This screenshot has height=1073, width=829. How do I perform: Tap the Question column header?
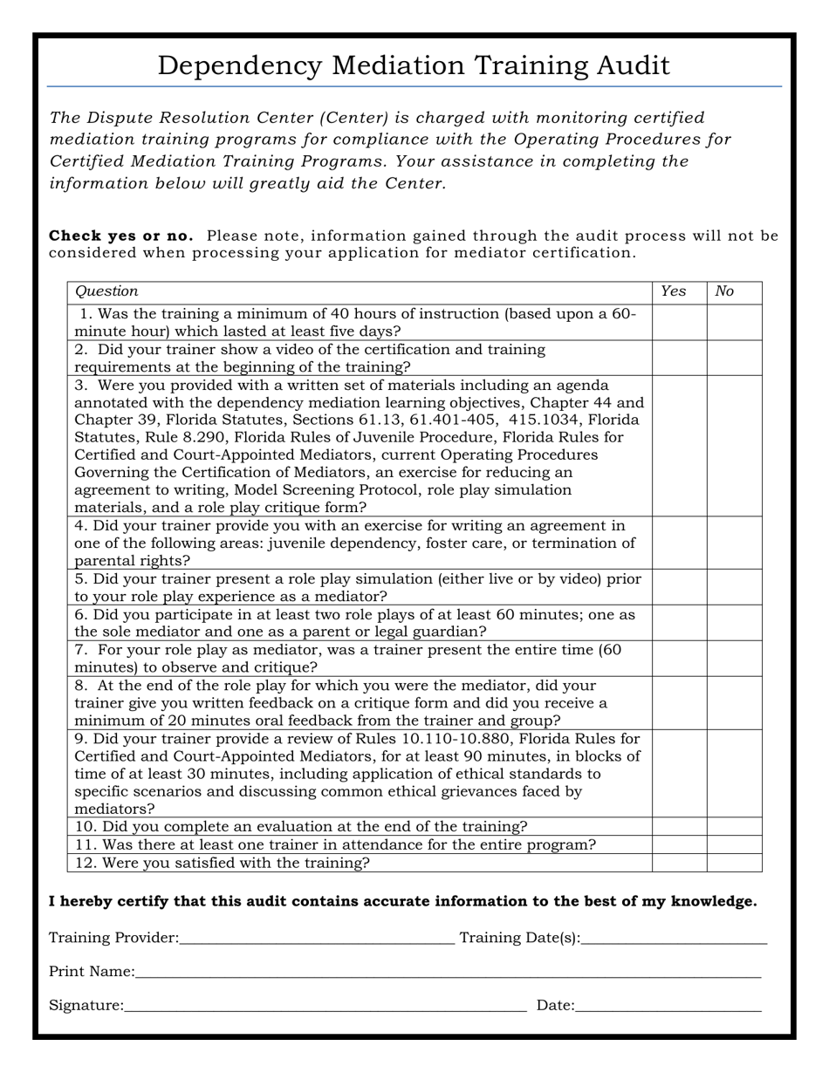pos(106,291)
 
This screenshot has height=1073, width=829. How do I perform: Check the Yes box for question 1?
pos(679,322)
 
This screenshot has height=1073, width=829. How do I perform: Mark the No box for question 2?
pos(734,358)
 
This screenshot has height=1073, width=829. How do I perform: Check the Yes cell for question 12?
pos(679,863)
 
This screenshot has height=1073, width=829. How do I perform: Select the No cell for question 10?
pos(734,826)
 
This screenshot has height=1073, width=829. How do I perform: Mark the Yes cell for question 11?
pos(679,844)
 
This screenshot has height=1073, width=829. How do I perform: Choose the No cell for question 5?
pos(734,587)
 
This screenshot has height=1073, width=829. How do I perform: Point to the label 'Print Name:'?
pos(92,972)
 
